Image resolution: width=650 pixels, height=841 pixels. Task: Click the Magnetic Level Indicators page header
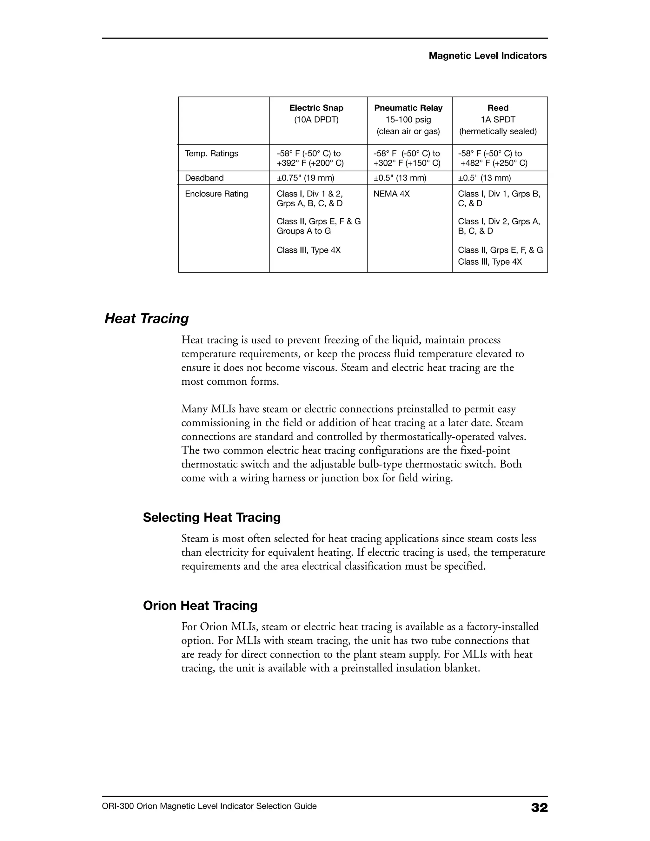pyautogui.click(x=487, y=56)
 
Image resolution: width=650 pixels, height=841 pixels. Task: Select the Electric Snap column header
pyautogui.click(x=316, y=108)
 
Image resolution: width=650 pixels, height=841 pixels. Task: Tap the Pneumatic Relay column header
pyautogui.click(x=408, y=108)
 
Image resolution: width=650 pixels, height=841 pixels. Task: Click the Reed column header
pyautogui.click(x=498, y=108)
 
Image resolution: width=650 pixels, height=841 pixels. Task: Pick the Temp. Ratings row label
pyautogui.click(x=211, y=154)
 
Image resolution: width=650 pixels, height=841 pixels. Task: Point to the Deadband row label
pyautogui.click(x=204, y=178)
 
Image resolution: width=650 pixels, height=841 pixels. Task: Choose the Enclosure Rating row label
pyautogui.click(x=216, y=194)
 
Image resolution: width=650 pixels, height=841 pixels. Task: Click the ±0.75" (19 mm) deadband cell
pyautogui.click(x=305, y=178)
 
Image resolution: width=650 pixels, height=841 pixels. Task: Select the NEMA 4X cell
pyautogui.click(x=391, y=194)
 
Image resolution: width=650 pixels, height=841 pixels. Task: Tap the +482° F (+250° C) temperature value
pyautogui.click(x=494, y=163)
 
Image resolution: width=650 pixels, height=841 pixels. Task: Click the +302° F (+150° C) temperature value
pyautogui.click(x=407, y=163)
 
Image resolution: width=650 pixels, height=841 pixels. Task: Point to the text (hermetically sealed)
pyautogui.click(x=498, y=131)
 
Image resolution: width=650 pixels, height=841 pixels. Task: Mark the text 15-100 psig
pyautogui.click(x=408, y=120)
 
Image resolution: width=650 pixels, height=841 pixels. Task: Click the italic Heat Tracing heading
pyautogui.click(x=147, y=319)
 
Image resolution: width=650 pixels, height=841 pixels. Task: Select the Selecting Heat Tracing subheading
pyautogui.click(x=211, y=517)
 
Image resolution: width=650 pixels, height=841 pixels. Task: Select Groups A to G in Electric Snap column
pyautogui.click(x=303, y=231)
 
